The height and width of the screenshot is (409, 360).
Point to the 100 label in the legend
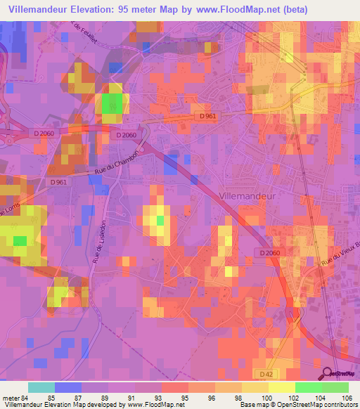pyautogui.click(x=264, y=397)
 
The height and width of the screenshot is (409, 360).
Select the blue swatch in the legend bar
pyautogui.click(x=68, y=387)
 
